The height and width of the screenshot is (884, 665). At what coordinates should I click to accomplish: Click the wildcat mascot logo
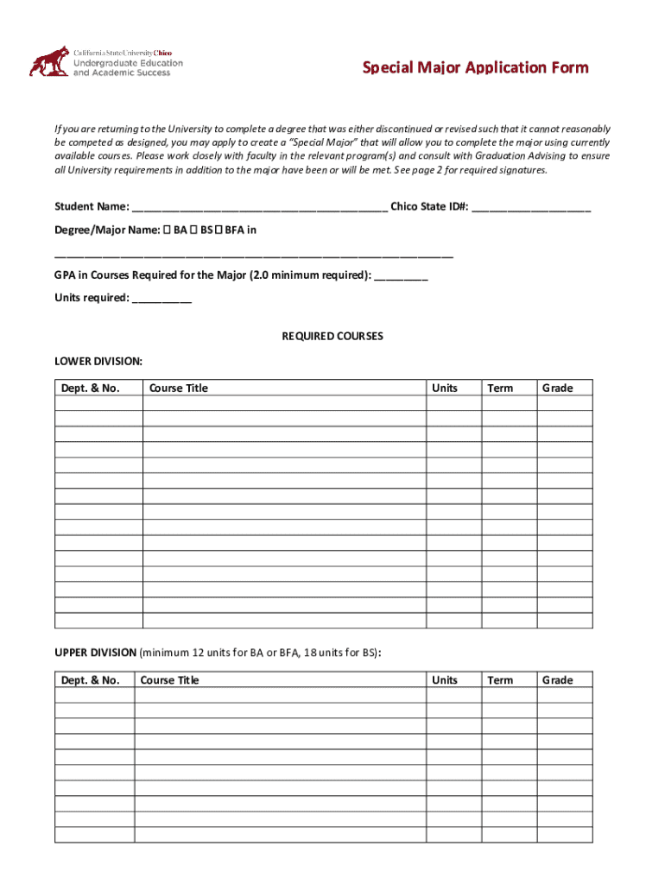[x=48, y=61]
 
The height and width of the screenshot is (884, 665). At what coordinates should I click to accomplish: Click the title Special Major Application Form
[x=475, y=67]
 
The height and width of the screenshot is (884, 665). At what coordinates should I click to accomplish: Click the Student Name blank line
[x=259, y=208]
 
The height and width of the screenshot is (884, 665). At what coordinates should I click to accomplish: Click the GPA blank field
[x=402, y=276]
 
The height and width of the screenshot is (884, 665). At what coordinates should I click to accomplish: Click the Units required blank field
[x=162, y=299]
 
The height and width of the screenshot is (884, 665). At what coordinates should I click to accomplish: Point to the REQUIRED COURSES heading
[x=332, y=336]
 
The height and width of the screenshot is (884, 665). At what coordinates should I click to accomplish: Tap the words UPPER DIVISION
[x=95, y=652]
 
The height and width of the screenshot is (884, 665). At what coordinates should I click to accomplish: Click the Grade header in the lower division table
[x=557, y=388]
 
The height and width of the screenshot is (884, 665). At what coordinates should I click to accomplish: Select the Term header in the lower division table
[x=500, y=388]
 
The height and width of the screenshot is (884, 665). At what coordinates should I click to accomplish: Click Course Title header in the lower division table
[x=179, y=388]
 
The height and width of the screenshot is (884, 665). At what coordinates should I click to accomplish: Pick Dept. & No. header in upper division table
[x=90, y=680]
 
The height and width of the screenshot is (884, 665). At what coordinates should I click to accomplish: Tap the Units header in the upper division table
[x=445, y=680]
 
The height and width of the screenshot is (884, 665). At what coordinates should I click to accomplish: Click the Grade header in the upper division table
[x=557, y=680]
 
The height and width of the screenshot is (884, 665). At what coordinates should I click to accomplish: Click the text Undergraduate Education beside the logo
[x=128, y=63]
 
